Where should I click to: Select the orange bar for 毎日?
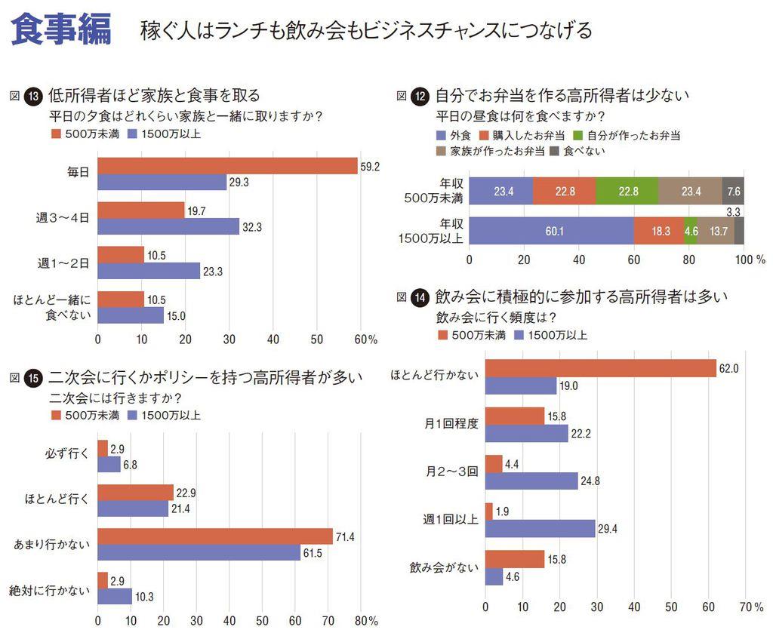[x=227, y=166]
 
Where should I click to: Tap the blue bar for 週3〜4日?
[x=168, y=226]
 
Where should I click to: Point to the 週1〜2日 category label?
[x=63, y=263]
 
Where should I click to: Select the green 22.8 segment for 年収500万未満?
[x=626, y=191]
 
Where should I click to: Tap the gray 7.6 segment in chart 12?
[x=733, y=191]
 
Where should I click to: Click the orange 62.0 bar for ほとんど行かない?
[x=600, y=368]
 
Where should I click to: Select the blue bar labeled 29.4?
[x=540, y=528]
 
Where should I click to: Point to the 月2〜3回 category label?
[x=451, y=472]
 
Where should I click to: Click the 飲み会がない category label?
[x=444, y=567]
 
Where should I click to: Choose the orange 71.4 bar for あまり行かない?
[x=215, y=536]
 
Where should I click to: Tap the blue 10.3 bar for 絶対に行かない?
[x=115, y=596]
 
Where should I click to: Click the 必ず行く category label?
[x=68, y=455]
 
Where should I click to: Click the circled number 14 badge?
[x=421, y=298]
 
